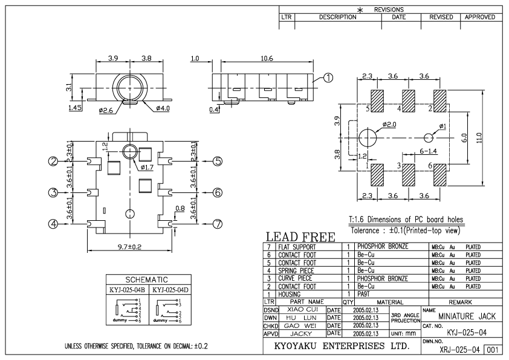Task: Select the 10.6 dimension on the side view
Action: [267, 59]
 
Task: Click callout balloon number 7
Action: [218, 224]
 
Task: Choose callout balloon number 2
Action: [53, 162]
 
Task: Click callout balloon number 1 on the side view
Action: [328, 77]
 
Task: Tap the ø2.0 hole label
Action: [389, 125]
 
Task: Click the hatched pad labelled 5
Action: [378, 101]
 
